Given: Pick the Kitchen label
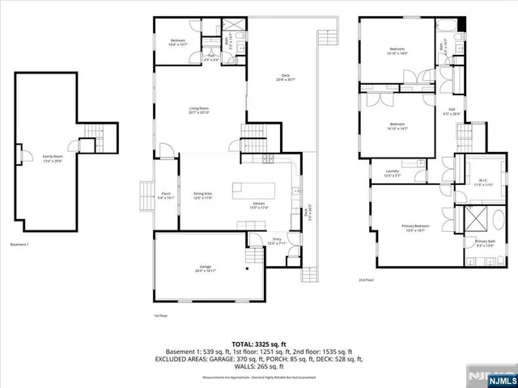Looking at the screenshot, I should [x=259, y=205].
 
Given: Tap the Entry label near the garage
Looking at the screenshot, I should [x=276, y=241].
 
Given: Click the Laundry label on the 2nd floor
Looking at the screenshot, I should [x=393, y=172].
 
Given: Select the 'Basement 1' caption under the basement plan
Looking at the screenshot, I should [x=20, y=243].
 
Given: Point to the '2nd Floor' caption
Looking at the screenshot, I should [x=366, y=280].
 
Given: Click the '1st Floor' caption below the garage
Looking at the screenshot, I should [x=160, y=316].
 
